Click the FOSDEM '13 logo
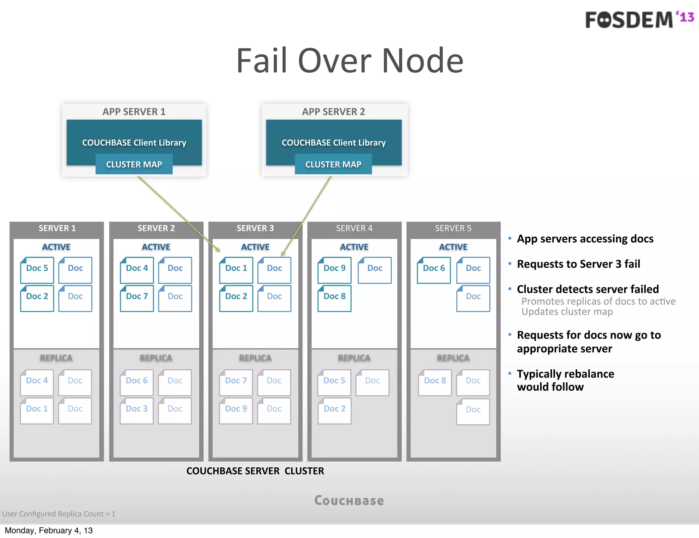[639, 19]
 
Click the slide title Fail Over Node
[349, 61]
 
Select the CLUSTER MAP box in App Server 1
[134, 164]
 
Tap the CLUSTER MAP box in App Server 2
[333, 164]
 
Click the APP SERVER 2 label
[333, 112]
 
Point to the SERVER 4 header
[354, 228]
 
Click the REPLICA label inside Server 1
[56, 358]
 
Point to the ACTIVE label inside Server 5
[453, 247]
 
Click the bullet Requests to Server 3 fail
[578, 264]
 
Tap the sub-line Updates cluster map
[567, 312]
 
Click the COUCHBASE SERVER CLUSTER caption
[255, 471]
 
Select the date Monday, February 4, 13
[49, 530]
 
